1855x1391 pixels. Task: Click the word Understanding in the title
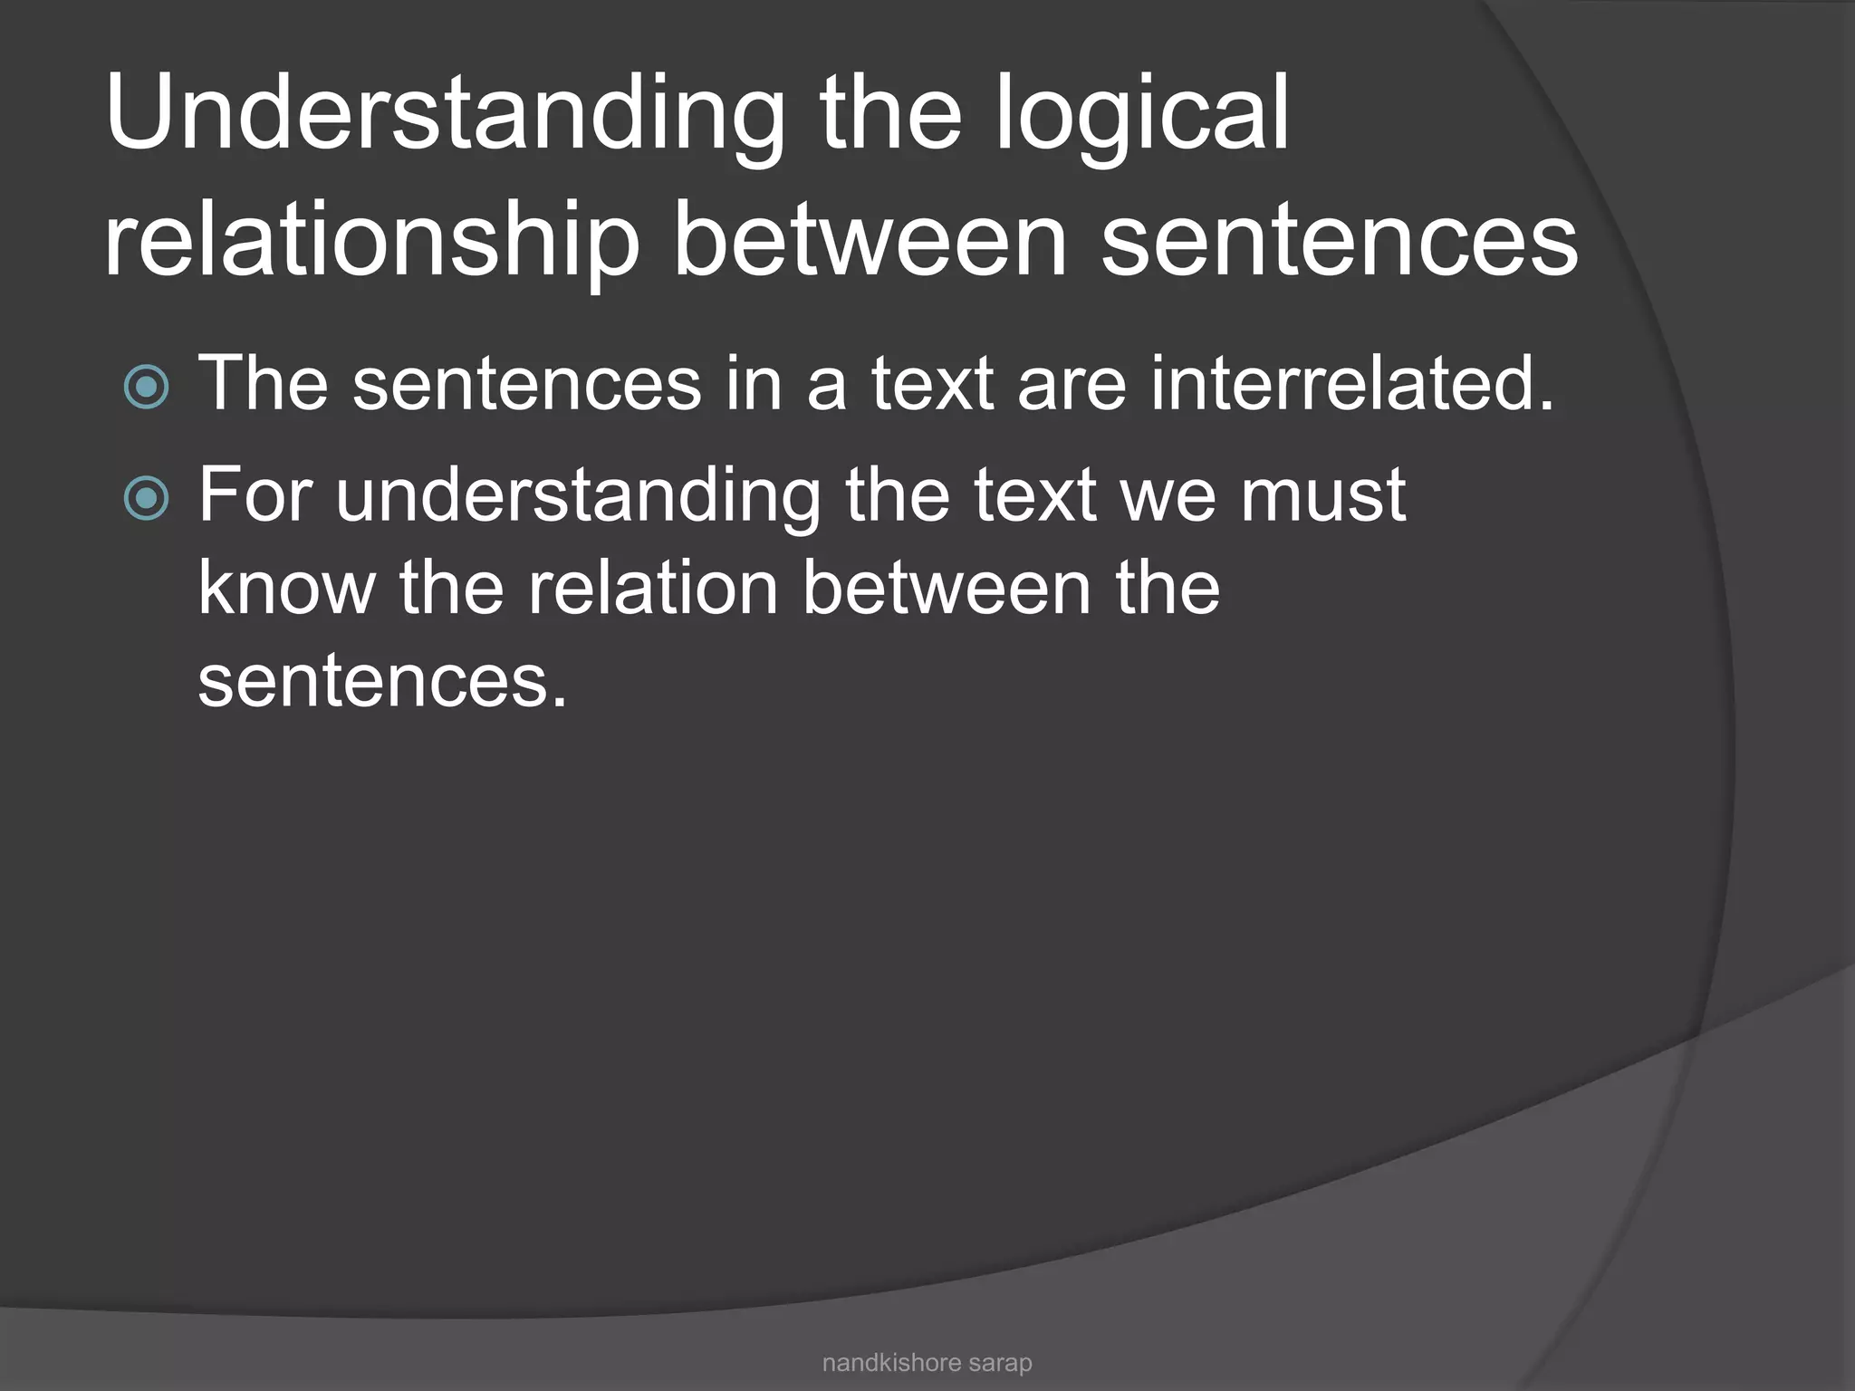point(444,116)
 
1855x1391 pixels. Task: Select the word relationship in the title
point(371,241)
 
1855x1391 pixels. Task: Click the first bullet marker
point(146,388)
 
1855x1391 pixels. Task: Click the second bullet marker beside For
point(146,498)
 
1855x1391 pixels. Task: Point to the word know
point(286,588)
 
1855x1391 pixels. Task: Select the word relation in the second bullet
point(652,588)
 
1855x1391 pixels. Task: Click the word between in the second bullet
point(947,588)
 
